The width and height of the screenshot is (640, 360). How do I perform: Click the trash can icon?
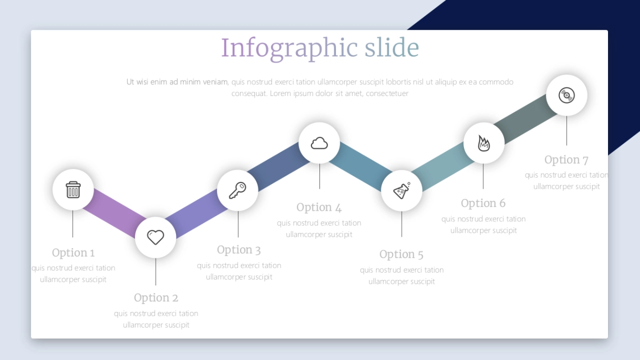click(x=73, y=189)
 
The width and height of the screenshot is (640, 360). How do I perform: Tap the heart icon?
click(x=155, y=237)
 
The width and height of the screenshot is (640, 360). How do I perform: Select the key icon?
click(x=237, y=190)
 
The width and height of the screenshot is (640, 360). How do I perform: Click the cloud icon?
click(x=319, y=143)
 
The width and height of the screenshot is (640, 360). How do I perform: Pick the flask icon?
click(x=402, y=190)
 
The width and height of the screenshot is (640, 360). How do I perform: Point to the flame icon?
click(x=483, y=143)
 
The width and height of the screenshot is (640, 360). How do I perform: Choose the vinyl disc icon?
click(x=566, y=95)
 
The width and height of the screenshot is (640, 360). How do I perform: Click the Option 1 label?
click(x=73, y=253)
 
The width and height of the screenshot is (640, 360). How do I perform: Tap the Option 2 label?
click(x=156, y=298)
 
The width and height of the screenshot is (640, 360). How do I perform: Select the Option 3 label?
click(x=239, y=250)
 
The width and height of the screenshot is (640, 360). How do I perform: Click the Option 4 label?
click(x=319, y=207)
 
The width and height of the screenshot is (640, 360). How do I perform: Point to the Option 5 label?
click(x=402, y=254)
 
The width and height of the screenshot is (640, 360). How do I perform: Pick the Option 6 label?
click(x=483, y=203)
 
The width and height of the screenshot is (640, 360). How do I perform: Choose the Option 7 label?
click(x=566, y=159)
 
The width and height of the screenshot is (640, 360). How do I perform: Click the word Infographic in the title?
click(x=290, y=47)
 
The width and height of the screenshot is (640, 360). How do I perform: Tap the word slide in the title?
click(x=391, y=47)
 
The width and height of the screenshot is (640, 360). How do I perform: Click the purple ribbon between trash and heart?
click(x=114, y=213)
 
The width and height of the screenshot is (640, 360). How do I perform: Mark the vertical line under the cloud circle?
click(x=319, y=177)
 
